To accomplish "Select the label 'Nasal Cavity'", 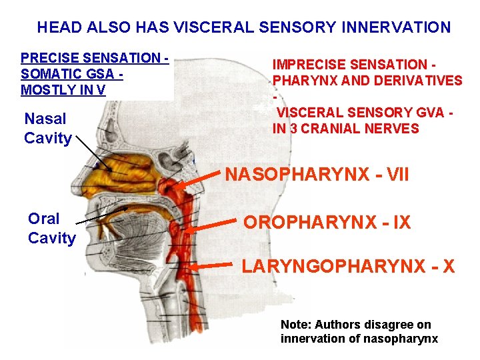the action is [x=47, y=129].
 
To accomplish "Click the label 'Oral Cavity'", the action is [x=51, y=229].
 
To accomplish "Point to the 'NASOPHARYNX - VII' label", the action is [x=317, y=175].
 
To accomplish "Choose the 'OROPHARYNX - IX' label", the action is [x=327, y=223].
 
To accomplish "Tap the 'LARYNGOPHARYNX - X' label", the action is [x=348, y=267].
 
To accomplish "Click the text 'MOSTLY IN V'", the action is [x=63, y=90].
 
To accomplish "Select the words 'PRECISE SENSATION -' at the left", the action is [x=94, y=59].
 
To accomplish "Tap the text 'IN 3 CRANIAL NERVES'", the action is [x=345, y=129].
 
